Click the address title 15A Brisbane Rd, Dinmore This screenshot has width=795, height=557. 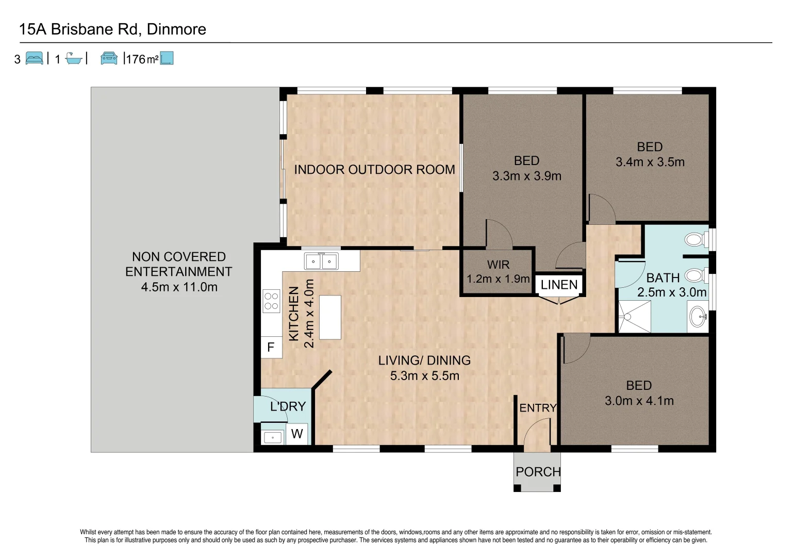(x=112, y=29)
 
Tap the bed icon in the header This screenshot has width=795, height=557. (x=35, y=58)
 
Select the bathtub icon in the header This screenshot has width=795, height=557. (x=74, y=59)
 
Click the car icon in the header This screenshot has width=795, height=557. (x=109, y=58)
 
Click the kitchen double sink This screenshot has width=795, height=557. (x=321, y=261)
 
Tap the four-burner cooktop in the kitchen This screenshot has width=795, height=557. (x=271, y=301)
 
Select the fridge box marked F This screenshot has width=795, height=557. (x=271, y=348)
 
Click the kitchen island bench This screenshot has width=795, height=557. (x=330, y=317)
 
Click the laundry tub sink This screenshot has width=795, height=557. (x=272, y=437)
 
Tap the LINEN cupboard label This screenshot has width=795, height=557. (x=559, y=285)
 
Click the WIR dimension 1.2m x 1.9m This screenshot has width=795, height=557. (x=498, y=279)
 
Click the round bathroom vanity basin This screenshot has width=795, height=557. (x=698, y=317)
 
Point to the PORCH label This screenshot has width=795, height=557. (x=538, y=472)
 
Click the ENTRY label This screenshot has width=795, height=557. (x=538, y=408)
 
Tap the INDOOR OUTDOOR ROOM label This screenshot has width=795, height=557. (x=374, y=170)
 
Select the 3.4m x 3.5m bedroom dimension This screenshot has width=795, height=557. (x=650, y=162)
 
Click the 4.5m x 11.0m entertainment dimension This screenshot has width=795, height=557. (x=179, y=287)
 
